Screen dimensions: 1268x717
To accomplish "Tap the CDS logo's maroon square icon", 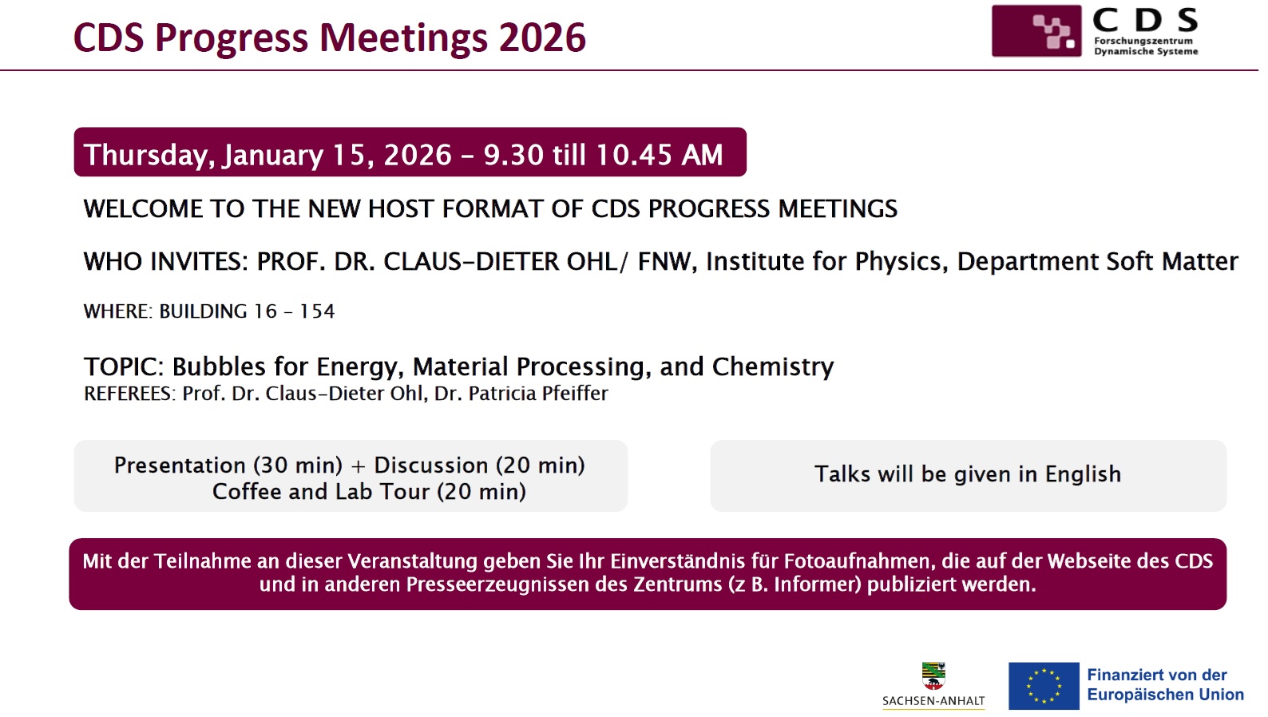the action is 1036,30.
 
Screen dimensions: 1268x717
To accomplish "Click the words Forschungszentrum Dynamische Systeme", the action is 1146,46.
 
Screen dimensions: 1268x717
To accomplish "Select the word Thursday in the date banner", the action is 145,155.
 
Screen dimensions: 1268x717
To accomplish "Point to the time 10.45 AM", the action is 659,154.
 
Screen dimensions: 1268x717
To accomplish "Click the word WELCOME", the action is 143,209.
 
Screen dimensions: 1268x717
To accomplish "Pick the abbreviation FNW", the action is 666,262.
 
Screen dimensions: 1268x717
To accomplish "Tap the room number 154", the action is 317,311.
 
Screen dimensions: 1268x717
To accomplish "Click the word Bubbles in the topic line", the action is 219,366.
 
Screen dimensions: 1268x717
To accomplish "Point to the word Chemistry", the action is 773,367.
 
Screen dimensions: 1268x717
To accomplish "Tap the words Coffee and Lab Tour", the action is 320,491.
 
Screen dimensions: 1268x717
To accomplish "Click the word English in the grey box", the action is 1082,474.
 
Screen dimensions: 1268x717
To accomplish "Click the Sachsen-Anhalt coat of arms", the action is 933,676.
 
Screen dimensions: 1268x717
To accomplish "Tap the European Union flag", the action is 1044,686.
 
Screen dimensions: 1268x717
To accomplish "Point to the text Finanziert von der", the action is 1156,675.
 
